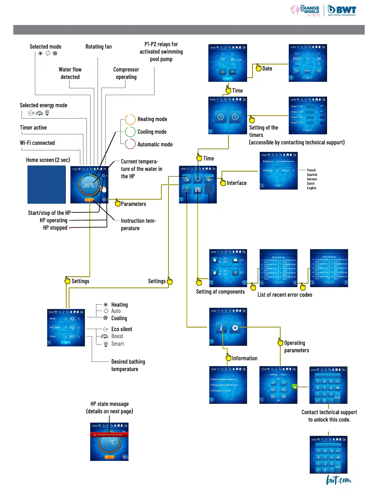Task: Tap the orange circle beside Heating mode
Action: coord(130,119)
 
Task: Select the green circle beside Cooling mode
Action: coord(130,132)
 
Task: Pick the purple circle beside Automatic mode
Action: coord(130,144)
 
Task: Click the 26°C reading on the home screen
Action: coord(89,185)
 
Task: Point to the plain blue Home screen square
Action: coord(47,185)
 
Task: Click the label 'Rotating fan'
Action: coord(99,47)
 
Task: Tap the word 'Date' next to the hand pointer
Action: coord(267,69)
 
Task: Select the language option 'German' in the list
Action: coord(312,179)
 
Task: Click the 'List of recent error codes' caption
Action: coord(285,295)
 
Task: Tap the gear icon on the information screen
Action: coord(235,328)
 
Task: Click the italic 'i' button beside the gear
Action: coord(221,328)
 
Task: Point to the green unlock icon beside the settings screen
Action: coord(294,387)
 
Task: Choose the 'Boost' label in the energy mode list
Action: coord(117,336)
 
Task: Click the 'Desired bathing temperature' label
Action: coord(128,365)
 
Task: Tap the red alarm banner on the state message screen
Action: coord(109,435)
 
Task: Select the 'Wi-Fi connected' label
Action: coord(37,143)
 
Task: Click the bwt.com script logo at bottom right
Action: coord(339,480)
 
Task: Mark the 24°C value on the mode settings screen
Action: coord(72,336)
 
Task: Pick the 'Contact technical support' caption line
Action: coord(329,412)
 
